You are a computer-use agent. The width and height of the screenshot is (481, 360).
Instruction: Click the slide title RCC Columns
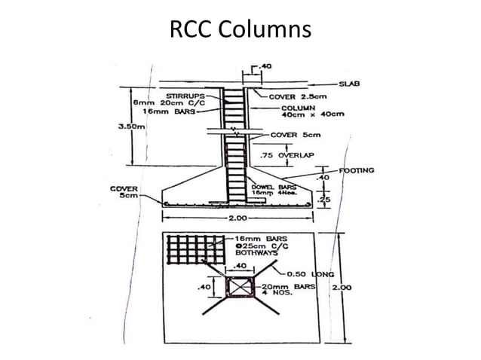coord(240,29)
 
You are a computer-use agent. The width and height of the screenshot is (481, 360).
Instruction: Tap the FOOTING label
coord(357,171)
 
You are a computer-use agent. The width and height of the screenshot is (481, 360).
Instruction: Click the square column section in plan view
coord(238,287)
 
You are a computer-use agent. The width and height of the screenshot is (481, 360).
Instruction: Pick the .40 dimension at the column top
coord(265,67)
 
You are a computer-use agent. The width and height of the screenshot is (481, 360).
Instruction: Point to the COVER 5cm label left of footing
coord(124,192)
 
